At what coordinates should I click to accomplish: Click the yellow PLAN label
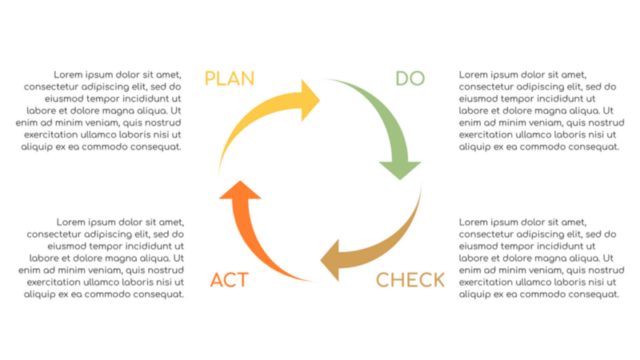(230, 78)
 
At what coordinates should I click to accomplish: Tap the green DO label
(410, 78)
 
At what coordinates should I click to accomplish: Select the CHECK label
(410, 280)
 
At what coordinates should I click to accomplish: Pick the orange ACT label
(230, 280)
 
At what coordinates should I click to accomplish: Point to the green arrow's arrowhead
(399, 168)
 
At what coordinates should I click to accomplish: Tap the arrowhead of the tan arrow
(331, 262)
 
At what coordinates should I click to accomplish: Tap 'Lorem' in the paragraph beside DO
(474, 74)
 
